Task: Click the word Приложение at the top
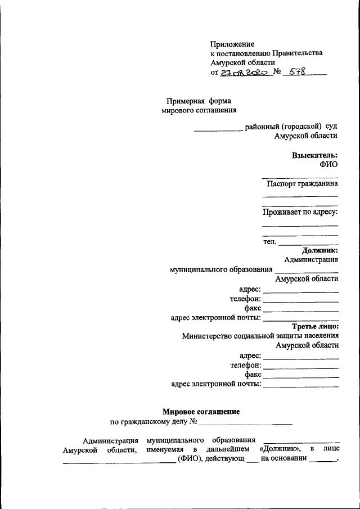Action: [232, 44]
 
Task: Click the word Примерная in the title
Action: [185, 101]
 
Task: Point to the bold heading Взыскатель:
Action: [314, 155]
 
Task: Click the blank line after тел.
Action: [308, 243]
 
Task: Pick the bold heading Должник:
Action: [319, 250]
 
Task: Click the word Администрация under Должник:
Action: [311, 259]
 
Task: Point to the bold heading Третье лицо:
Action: [315, 326]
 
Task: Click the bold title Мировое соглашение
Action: [201, 412]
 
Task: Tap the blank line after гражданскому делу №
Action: [246, 422]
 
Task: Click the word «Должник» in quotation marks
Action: [280, 449]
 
